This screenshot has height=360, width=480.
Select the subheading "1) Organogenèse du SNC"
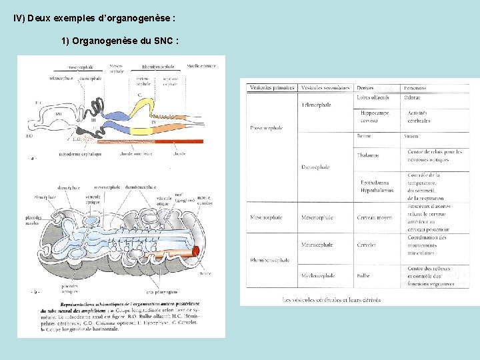[119, 41]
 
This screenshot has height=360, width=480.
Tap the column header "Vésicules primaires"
[272, 88]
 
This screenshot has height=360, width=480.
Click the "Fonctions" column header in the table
[415, 88]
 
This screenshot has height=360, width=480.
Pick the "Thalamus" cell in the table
[368, 155]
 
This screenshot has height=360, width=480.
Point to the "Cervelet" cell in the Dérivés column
[366, 245]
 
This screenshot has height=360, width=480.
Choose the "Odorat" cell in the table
[413, 98]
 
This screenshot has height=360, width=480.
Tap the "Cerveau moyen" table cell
[375, 217]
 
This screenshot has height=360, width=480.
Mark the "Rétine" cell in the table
[365, 136]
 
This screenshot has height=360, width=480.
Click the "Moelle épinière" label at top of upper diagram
[201, 66]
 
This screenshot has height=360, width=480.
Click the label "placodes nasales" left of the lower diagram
[33, 221]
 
